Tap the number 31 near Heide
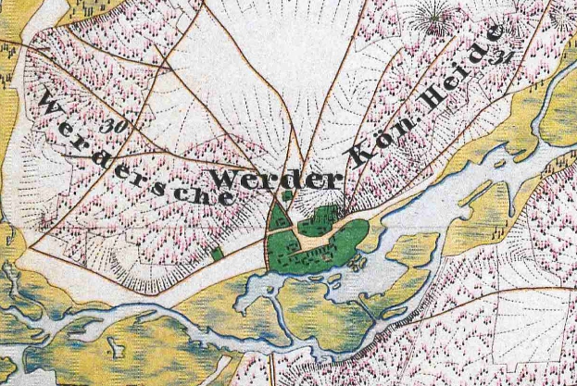click(504, 57)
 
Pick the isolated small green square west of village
click(217, 252)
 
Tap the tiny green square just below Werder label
click(287, 195)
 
